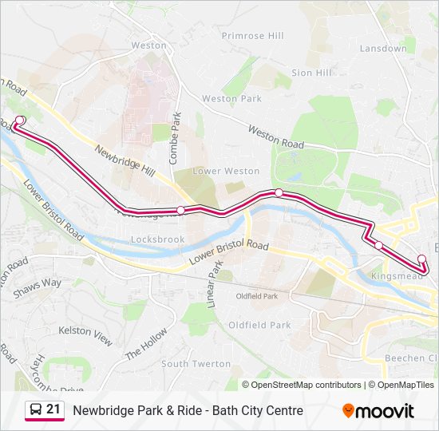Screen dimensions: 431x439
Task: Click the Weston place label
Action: tap(149, 45)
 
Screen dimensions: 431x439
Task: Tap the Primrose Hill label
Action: tap(252, 36)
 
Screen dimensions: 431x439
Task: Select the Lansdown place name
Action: tap(383, 49)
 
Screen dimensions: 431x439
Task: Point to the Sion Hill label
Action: tap(311, 73)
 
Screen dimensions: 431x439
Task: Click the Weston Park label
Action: tap(231, 99)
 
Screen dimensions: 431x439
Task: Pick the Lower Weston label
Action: tap(227, 171)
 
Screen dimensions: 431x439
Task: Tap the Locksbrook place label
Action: tap(157, 239)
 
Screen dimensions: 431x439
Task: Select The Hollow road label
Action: tap(146, 345)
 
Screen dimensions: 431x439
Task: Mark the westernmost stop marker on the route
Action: tap(20, 120)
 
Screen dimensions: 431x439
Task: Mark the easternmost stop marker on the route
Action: tap(421, 259)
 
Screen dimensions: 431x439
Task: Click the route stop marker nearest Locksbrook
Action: tap(181, 210)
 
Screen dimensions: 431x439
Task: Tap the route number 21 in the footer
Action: tap(53, 409)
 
